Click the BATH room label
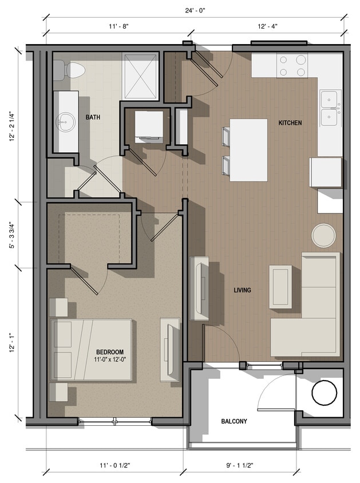pyautogui.click(x=93, y=117)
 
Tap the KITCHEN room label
pyautogui.click(x=290, y=123)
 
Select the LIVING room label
pyautogui.click(x=242, y=290)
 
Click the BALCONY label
pyautogui.click(x=234, y=422)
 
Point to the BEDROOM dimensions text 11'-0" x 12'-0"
pyautogui.click(x=109, y=360)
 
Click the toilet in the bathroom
pyautogui.click(x=70, y=70)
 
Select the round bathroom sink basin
pyautogui.click(x=65, y=121)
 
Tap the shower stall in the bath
pyautogui.click(x=140, y=77)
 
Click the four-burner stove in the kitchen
pyautogui.click(x=292, y=65)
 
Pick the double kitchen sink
pyautogui.click(x=330, y=108)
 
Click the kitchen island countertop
pyautogui.click(x=248, y=149)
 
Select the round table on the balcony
pyautogui.click(x=325, y=393)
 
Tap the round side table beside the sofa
pyautogui.click(x=324, y=235)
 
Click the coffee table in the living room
pyautogui.click(x=280, y=286)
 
